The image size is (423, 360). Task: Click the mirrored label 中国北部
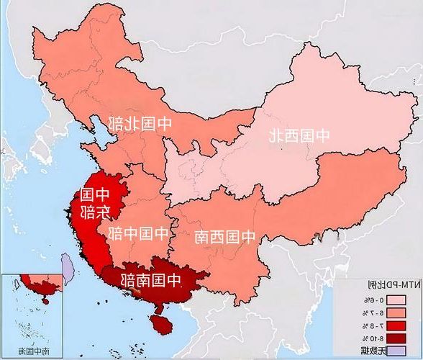tap(141, 122)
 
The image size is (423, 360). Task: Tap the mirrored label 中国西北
tap(299, 135)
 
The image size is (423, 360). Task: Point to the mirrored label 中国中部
tap(137, 233)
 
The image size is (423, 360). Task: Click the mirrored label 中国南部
tap(153, 279)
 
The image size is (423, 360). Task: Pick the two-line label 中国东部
tap(95, 203)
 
